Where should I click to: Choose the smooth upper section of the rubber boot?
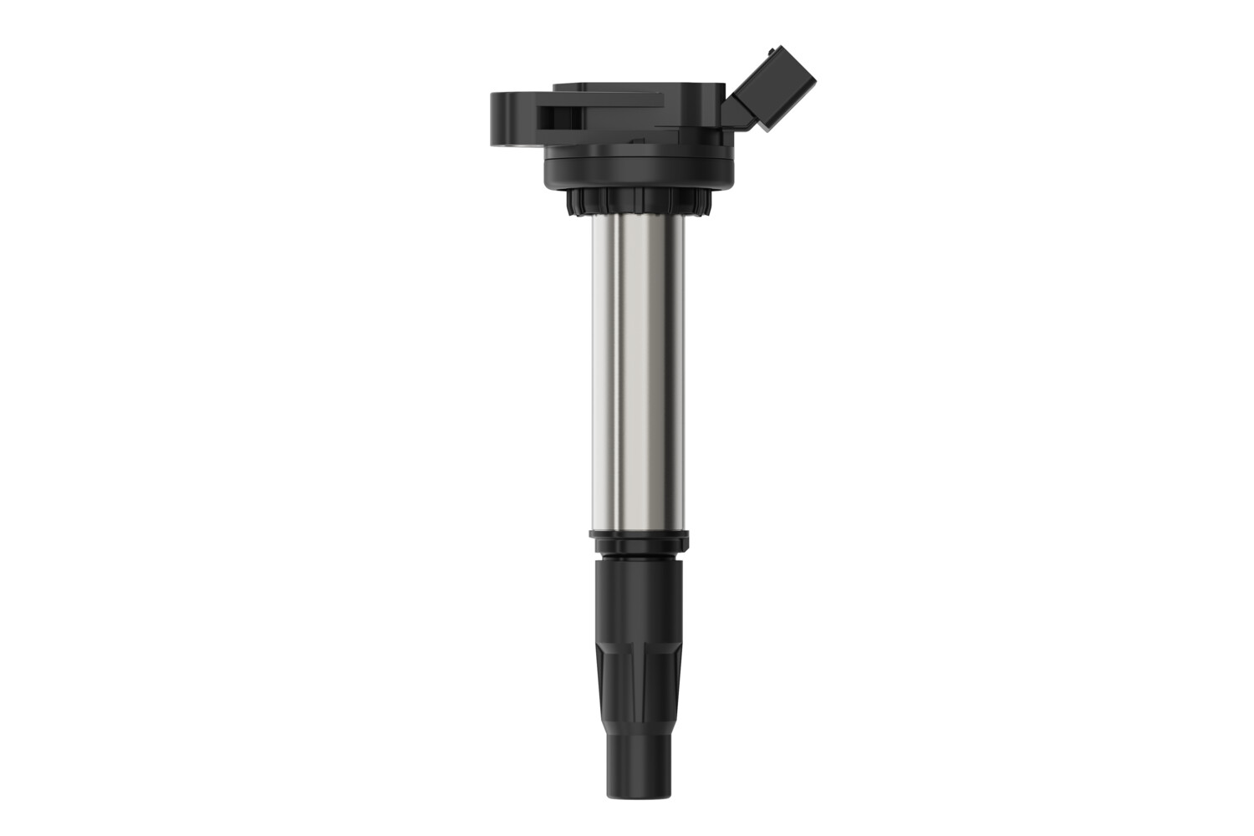(638, 594)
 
